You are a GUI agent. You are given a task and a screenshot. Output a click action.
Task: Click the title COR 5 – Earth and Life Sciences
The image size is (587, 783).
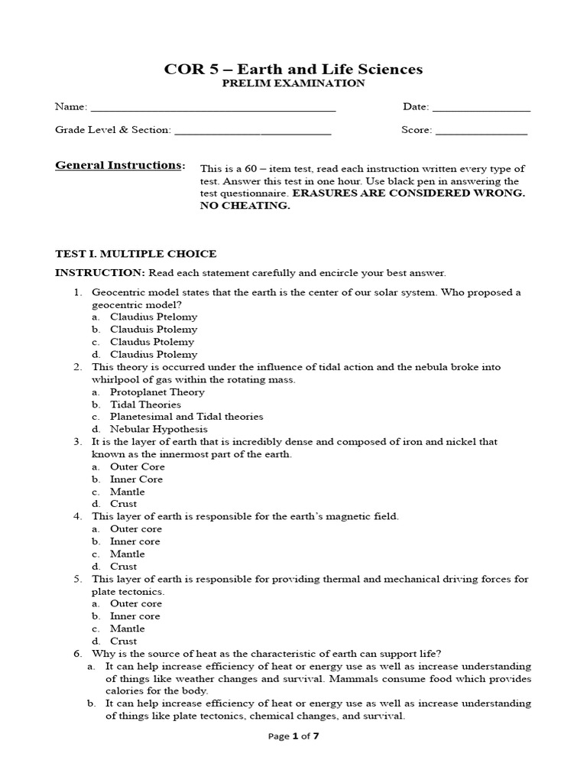coord(293,70)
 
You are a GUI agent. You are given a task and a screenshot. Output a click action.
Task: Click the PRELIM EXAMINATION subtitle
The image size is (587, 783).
coord(293,83)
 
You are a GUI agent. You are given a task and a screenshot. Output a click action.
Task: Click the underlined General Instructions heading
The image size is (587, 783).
coord(118,165)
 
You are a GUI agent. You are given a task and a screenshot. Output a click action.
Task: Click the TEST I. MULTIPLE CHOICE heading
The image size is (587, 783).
coord(135,254)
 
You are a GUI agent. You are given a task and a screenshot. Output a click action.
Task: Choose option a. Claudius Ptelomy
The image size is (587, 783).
coord(153,317)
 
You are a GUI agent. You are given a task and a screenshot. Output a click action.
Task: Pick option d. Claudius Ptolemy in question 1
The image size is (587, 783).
coord(153,354)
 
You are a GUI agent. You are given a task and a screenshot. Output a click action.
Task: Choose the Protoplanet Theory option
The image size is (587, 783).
coord(157,391)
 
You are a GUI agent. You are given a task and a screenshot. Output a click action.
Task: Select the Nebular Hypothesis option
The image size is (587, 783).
coord(158,429)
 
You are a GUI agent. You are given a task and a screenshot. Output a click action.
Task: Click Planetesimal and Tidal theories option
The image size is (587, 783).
coord(186,417)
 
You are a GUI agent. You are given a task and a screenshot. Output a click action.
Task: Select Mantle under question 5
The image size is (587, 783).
coord(127,629)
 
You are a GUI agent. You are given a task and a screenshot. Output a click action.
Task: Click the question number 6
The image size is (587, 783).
coord(77,653)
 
